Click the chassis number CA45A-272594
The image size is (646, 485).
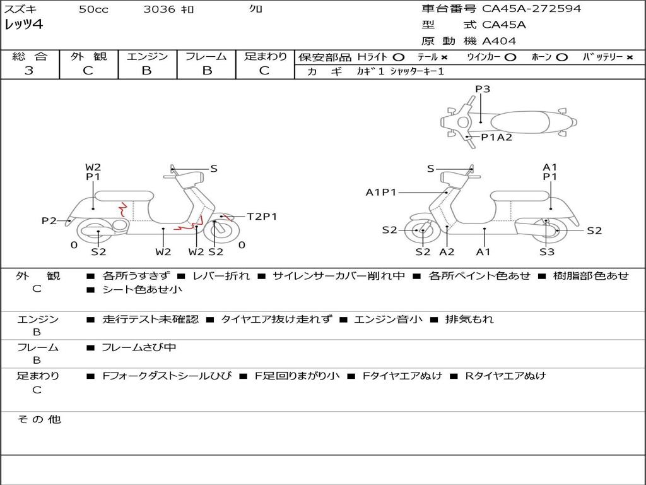[x=531, y=9]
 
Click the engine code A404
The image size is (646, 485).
[x=499, y=41]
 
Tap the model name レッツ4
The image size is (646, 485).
[x=23, y=25]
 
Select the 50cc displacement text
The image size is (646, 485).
[x=93, y=9]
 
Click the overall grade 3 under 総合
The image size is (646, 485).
[x=29, y=71]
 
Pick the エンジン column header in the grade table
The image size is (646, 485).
[x=147, y=57]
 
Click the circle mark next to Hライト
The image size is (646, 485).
[x=398, y=57]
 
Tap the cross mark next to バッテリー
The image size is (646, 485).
[x=629, y=57]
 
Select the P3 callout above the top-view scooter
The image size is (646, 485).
[x=483, y=89]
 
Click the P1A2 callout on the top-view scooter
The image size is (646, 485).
[x=496, y=137]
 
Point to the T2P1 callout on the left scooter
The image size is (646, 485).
[x=262, y=217]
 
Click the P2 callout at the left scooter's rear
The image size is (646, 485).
[x=49, y=220]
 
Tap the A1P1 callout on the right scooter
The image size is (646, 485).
[x=381, y=192]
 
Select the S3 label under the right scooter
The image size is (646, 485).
[x=546, y=252]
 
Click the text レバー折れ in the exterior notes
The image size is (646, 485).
[x=221, y=276]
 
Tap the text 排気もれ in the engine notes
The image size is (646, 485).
[x=469, y=320]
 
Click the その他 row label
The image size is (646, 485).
[x=38, y=419]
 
